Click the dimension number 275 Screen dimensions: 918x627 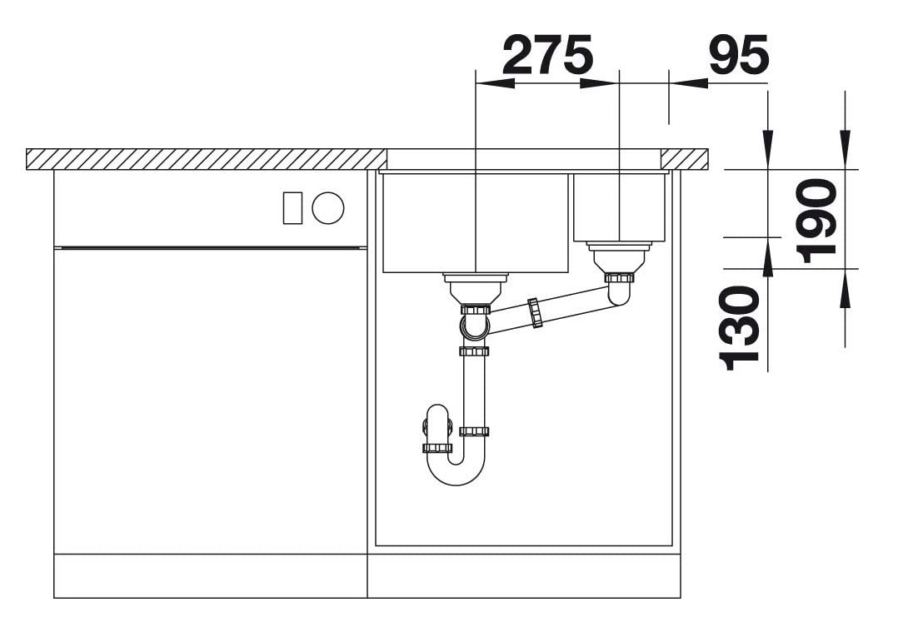[547, 54]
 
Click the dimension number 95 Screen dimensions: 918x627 [738, 54]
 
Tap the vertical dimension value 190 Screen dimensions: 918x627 [817, 221]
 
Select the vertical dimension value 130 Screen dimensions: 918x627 [740, 328]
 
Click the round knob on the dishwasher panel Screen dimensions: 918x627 [328, 208]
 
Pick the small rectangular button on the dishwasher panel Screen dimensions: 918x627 [292, 208]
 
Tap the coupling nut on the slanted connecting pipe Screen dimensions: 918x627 [535, 312]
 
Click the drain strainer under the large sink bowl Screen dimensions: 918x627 [476, 288]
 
